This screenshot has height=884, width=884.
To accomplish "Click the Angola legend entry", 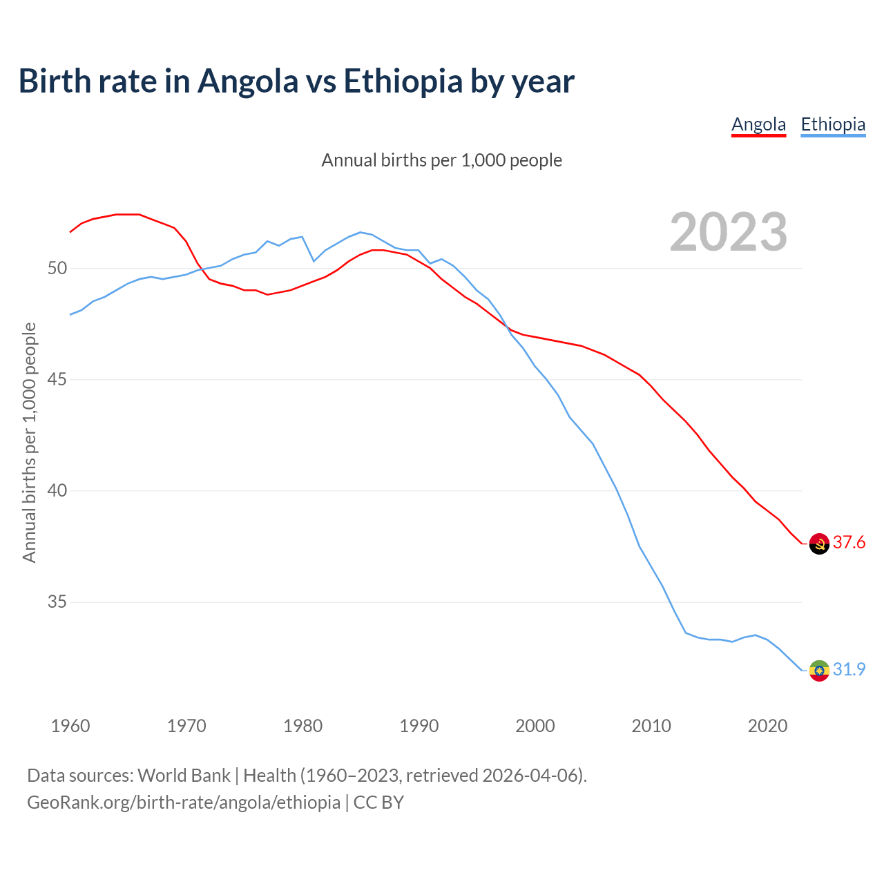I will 758,124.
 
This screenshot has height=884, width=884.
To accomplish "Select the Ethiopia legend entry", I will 833,124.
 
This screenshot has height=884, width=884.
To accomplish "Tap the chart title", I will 296,81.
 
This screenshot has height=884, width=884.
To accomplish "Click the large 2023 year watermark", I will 729,232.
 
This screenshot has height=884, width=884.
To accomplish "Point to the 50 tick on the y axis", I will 57,268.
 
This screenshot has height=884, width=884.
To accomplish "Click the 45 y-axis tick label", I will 57,380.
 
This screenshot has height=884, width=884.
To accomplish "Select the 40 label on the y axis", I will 57,491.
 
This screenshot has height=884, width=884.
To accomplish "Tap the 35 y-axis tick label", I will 57,602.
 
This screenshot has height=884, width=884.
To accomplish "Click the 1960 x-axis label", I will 70,726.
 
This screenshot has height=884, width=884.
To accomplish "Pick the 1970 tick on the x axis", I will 186,726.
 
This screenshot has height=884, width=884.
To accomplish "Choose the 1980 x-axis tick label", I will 303,726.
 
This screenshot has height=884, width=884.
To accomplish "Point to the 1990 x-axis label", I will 419,726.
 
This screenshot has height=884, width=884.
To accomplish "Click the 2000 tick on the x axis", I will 535,726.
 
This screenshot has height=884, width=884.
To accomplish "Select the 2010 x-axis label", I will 651,726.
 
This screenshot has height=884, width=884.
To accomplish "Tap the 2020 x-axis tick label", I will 768,726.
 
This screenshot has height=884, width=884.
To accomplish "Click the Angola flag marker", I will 819,544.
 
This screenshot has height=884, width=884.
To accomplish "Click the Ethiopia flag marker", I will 819,670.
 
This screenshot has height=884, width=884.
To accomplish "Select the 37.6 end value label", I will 849,543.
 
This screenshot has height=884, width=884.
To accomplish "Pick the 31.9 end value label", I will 849,670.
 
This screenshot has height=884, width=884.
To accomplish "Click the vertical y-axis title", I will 30,443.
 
